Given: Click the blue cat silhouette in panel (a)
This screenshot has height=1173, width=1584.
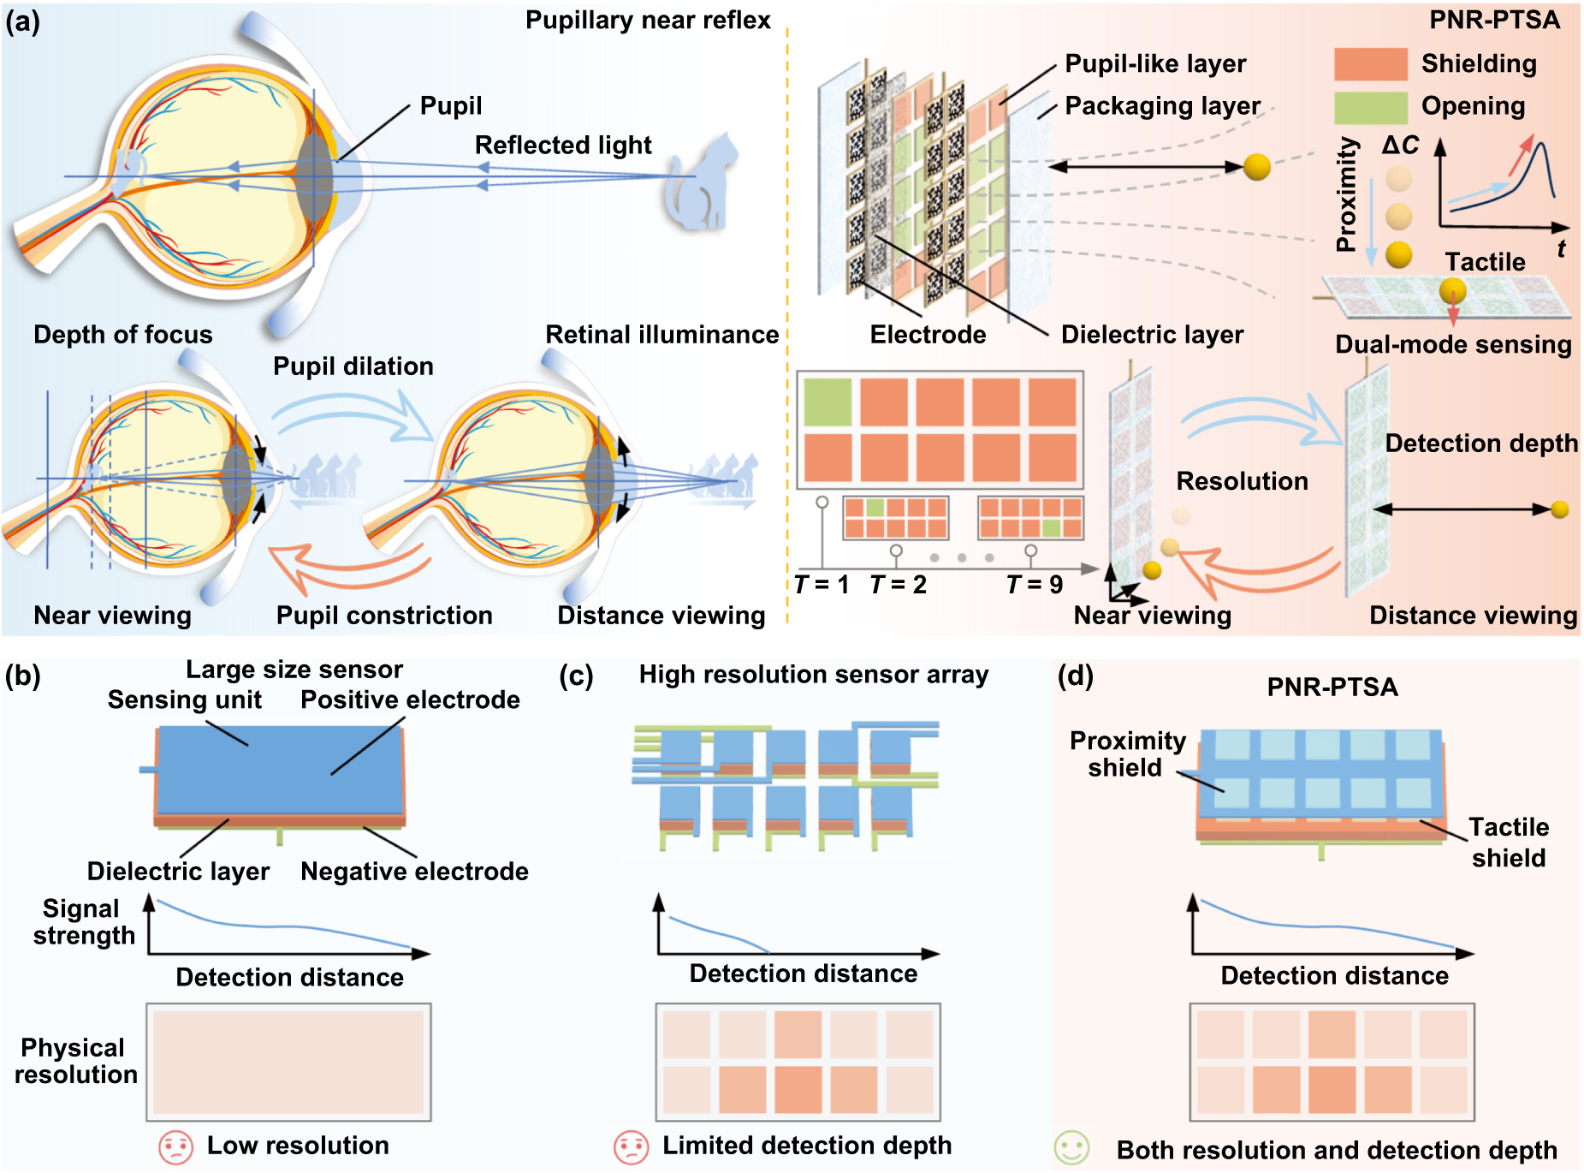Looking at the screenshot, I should (x=700, y=186).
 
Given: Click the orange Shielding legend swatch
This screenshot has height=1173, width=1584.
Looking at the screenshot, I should (x=1370, y=64).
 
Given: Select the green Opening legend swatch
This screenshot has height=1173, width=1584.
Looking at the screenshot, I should (x=1370, y=107).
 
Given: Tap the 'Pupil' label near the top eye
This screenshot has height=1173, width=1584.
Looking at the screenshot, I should (x=451, y=106).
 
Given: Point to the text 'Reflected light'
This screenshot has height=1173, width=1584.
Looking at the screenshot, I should (x=563, y=146).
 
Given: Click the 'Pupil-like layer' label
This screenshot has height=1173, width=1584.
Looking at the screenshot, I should (x=1155, y=64).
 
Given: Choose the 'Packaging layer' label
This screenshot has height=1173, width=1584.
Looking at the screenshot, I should (x=1162, y=106).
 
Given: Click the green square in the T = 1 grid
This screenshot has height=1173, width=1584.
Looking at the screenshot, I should (x=828, y=402).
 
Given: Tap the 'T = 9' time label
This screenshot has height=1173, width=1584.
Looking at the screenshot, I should (x=1035, y=585).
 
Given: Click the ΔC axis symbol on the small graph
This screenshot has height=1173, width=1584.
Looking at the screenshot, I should (x=1400, y=146).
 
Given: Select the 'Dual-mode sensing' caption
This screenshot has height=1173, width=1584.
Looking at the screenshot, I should (x=1453, y=344).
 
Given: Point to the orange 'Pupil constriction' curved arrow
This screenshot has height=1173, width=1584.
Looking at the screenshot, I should (x=351, y=569).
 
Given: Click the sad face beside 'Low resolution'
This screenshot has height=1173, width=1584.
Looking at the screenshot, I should (x=175, y=1147).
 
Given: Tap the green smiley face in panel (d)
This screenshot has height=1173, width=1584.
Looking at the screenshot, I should (x=1071, y=1148).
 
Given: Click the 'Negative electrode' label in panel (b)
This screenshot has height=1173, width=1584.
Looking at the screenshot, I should (x=414, y=872).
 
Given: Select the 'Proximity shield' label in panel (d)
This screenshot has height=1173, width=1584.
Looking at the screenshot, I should (x=1127, y=753).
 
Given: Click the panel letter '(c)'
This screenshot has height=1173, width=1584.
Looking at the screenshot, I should (x=576, y=676).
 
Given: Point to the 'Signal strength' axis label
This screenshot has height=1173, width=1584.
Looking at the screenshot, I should (x=83, y=922).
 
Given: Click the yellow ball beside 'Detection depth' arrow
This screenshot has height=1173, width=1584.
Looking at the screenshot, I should (x=1560, y=510).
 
